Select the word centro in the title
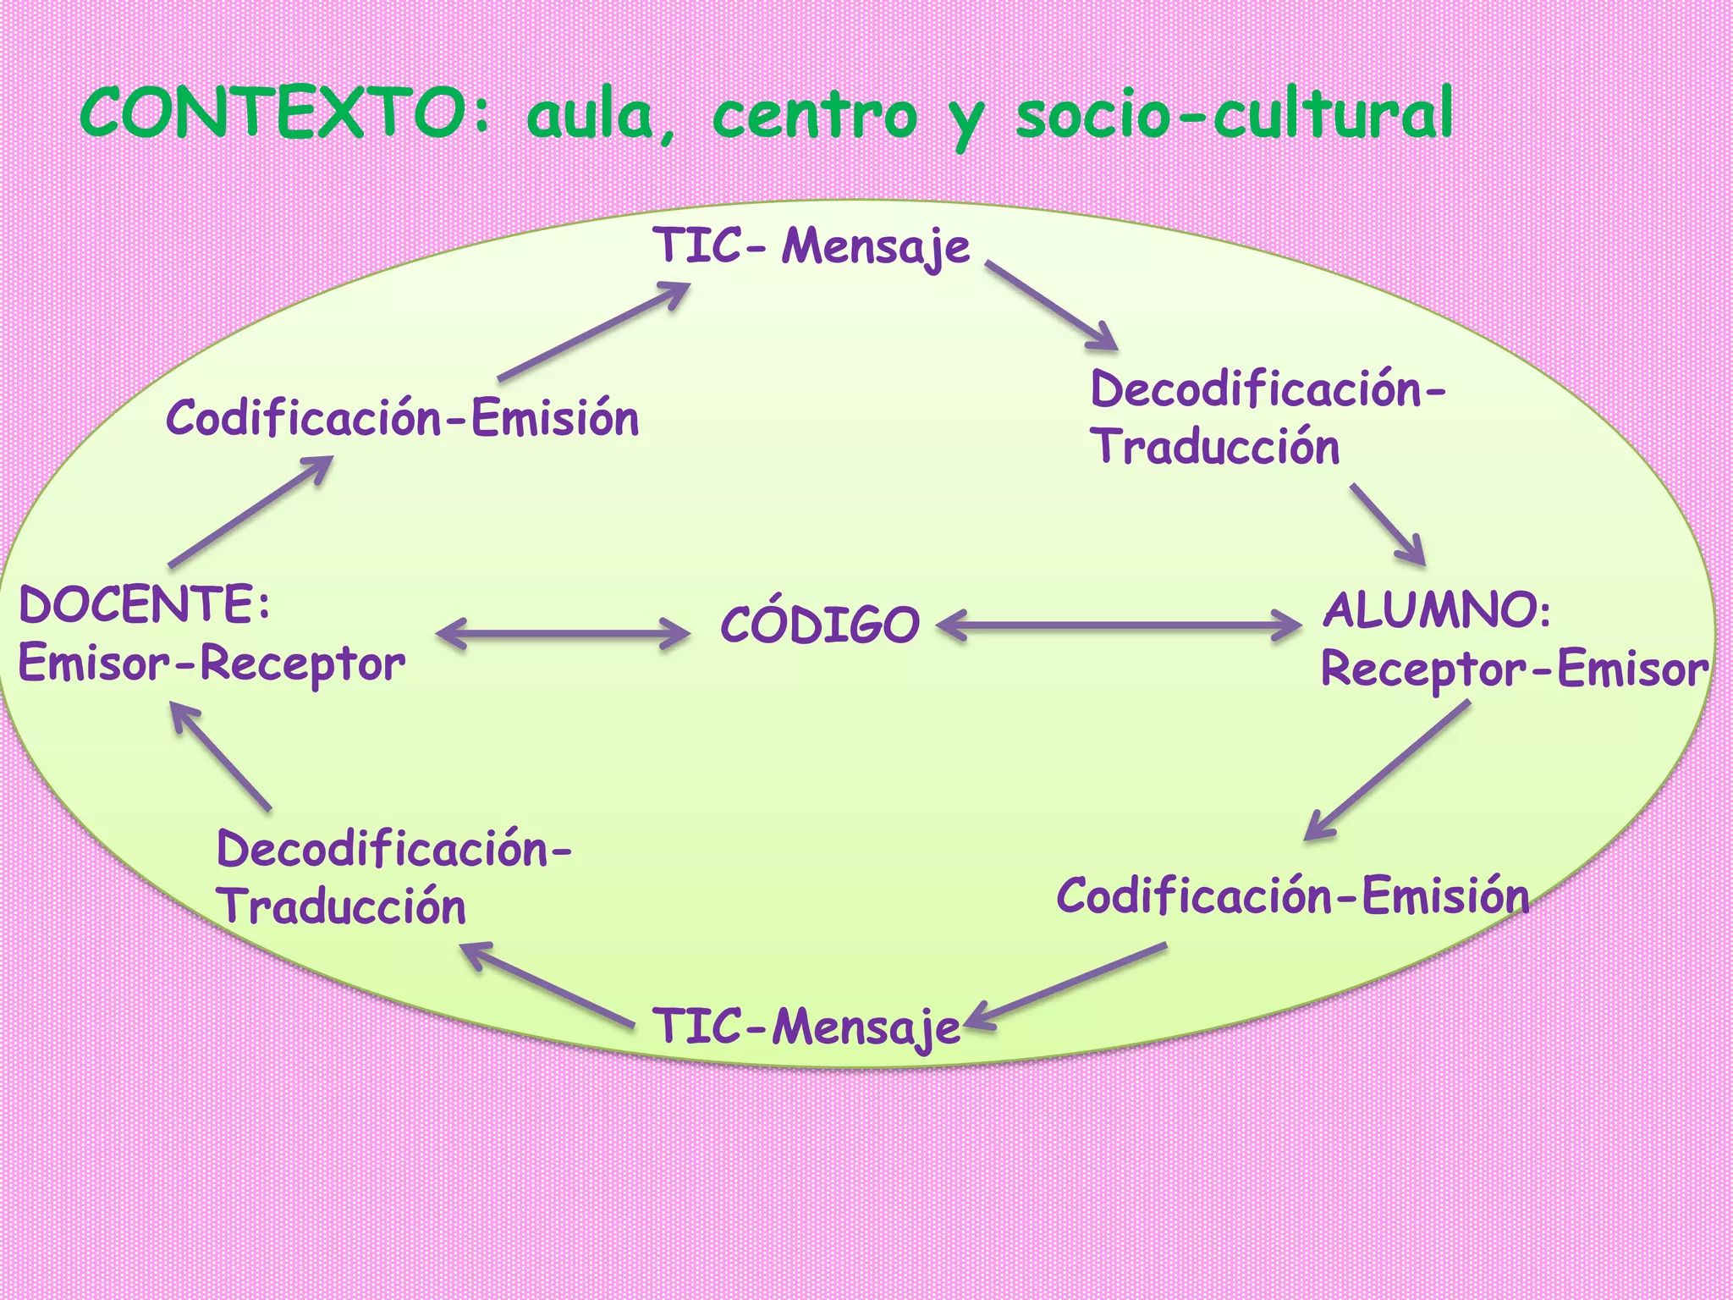point(814,117)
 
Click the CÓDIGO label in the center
point(819,625)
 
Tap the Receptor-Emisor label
point(1513,669)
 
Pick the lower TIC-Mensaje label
point(807,1027)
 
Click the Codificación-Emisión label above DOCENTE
point(402,418)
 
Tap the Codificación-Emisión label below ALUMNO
point(1292,895)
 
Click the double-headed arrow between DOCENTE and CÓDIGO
point(563,633)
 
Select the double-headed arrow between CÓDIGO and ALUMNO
point(1119,626)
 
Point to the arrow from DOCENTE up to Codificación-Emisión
point(250,512)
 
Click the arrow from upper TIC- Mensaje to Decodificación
point(1052,306)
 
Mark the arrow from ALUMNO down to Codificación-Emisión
point(1388,769)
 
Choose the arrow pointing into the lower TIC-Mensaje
point(1066,987)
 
